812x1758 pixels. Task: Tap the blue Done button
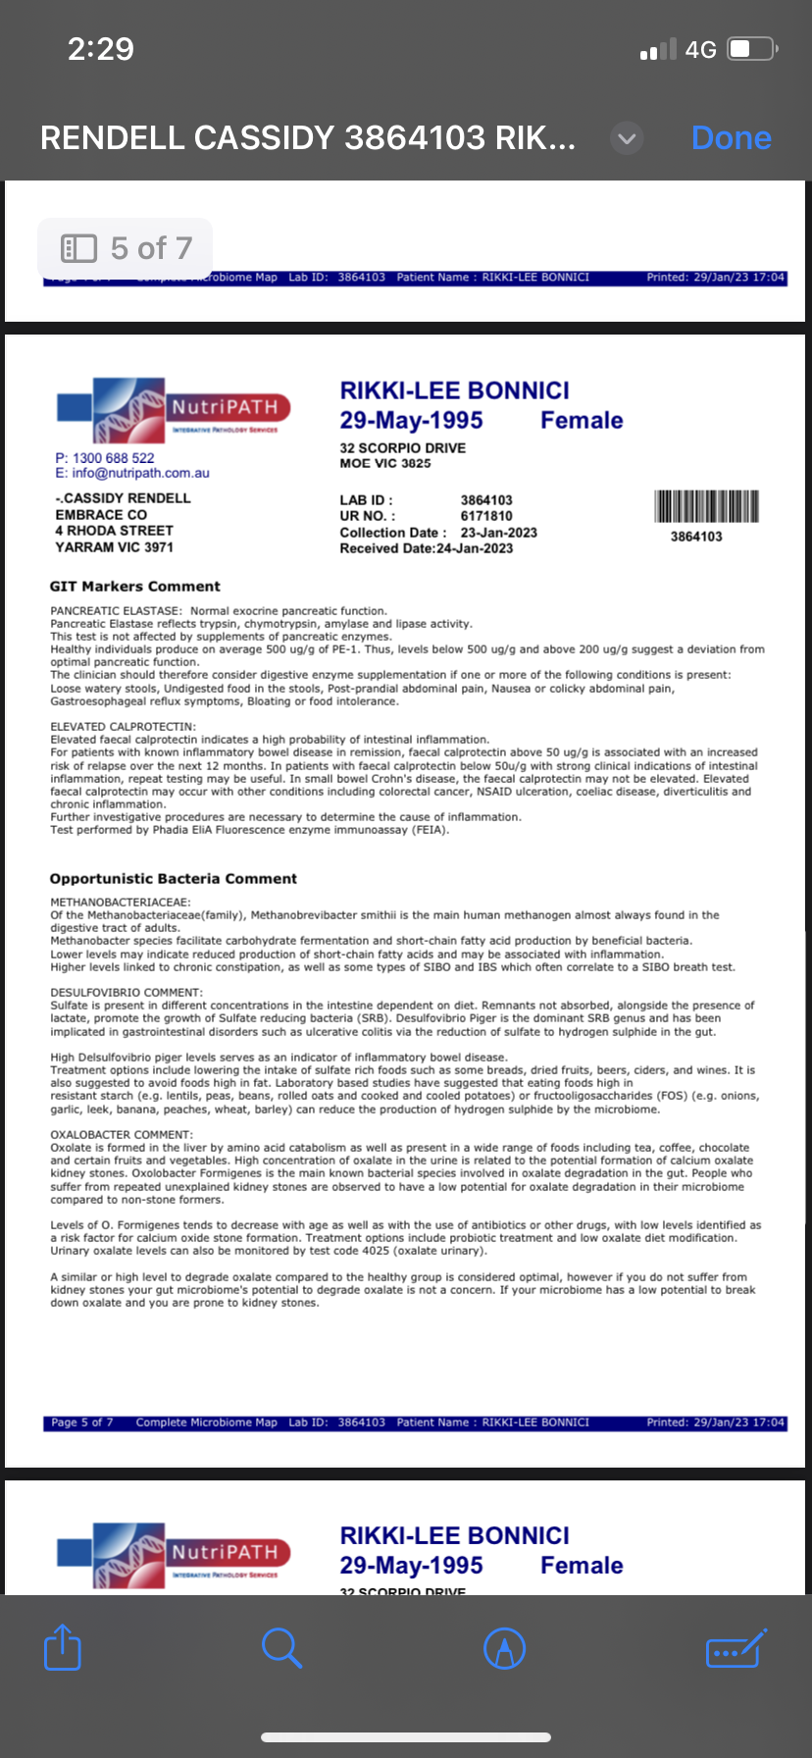point(731,138)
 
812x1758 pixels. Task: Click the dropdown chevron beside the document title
point(627,138)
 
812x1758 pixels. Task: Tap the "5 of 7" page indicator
point(126,248)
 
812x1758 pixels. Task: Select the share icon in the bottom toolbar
point(63,1647)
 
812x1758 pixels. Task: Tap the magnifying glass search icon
point(281,1647)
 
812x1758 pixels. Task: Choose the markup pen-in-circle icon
point(505,1648)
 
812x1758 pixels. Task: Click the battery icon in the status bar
point(752,49)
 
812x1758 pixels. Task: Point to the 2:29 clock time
point(101,49)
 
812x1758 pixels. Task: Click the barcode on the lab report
point(706,506)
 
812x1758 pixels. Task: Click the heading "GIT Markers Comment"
point(135,587)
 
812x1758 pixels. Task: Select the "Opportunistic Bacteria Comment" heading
point(174,879)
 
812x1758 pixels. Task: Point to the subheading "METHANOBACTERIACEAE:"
point(121,903)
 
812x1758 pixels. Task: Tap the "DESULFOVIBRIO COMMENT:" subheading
point(127,993)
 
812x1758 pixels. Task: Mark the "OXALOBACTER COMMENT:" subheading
point(122,1135)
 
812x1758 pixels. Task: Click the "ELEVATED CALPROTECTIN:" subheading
point(124,727)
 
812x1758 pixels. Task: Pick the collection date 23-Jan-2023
point(499,533)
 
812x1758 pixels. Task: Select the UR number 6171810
point(486,516)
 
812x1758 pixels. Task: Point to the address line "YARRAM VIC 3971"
point(114,547)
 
